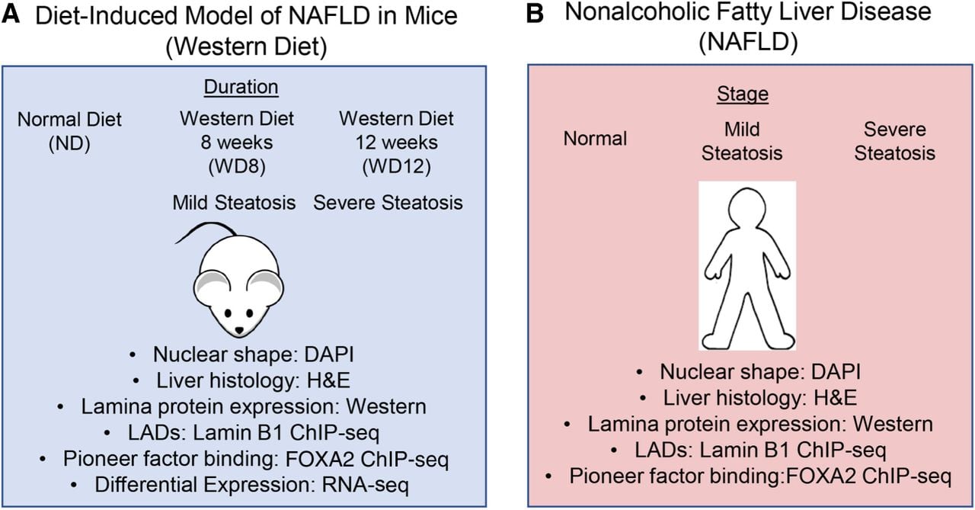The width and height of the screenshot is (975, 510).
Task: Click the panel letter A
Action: coord(11,14)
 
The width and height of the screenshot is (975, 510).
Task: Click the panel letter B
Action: coord(535,14)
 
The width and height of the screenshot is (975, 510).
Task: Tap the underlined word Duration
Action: coord(241,87)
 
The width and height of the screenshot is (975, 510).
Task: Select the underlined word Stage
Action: coord(743,94)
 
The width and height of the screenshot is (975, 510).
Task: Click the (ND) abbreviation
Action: coord(69,143)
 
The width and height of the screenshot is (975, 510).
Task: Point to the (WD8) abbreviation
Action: coord(237,166)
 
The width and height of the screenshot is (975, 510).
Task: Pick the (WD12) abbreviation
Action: coord(397,166)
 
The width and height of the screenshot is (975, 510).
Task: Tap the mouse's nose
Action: coord(239,331)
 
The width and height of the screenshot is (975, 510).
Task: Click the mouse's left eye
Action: coord(228,313)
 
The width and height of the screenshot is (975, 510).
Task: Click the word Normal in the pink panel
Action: coord(595,139)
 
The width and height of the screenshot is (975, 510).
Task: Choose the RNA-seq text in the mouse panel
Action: coord(365,485)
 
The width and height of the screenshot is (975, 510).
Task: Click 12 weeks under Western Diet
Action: coord(397,143)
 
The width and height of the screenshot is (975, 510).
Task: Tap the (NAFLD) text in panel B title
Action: coord(748,42)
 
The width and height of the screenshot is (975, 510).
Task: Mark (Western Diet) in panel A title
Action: coord(246,47)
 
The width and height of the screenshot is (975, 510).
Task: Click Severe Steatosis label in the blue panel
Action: coord(388,203)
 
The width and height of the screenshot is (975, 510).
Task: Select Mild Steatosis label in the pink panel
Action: coord(742,141)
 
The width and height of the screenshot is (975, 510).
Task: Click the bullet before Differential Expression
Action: coord(74,485)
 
